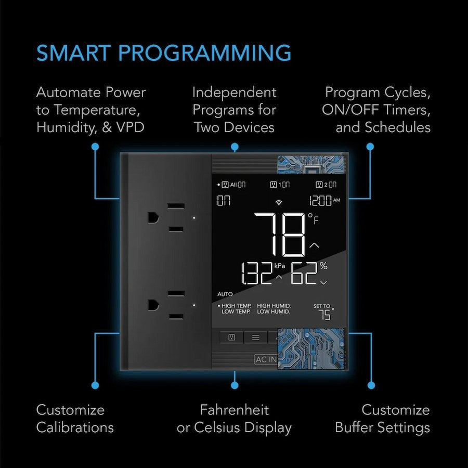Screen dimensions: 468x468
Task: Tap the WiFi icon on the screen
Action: point(279,202)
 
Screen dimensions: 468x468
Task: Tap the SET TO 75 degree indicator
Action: point(323,313)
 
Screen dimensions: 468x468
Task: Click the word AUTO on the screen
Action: point(225,294)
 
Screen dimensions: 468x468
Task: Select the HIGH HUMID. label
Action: point(274,306)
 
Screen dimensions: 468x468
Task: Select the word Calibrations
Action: point(75,427)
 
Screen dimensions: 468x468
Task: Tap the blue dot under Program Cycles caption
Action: point(370,147)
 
